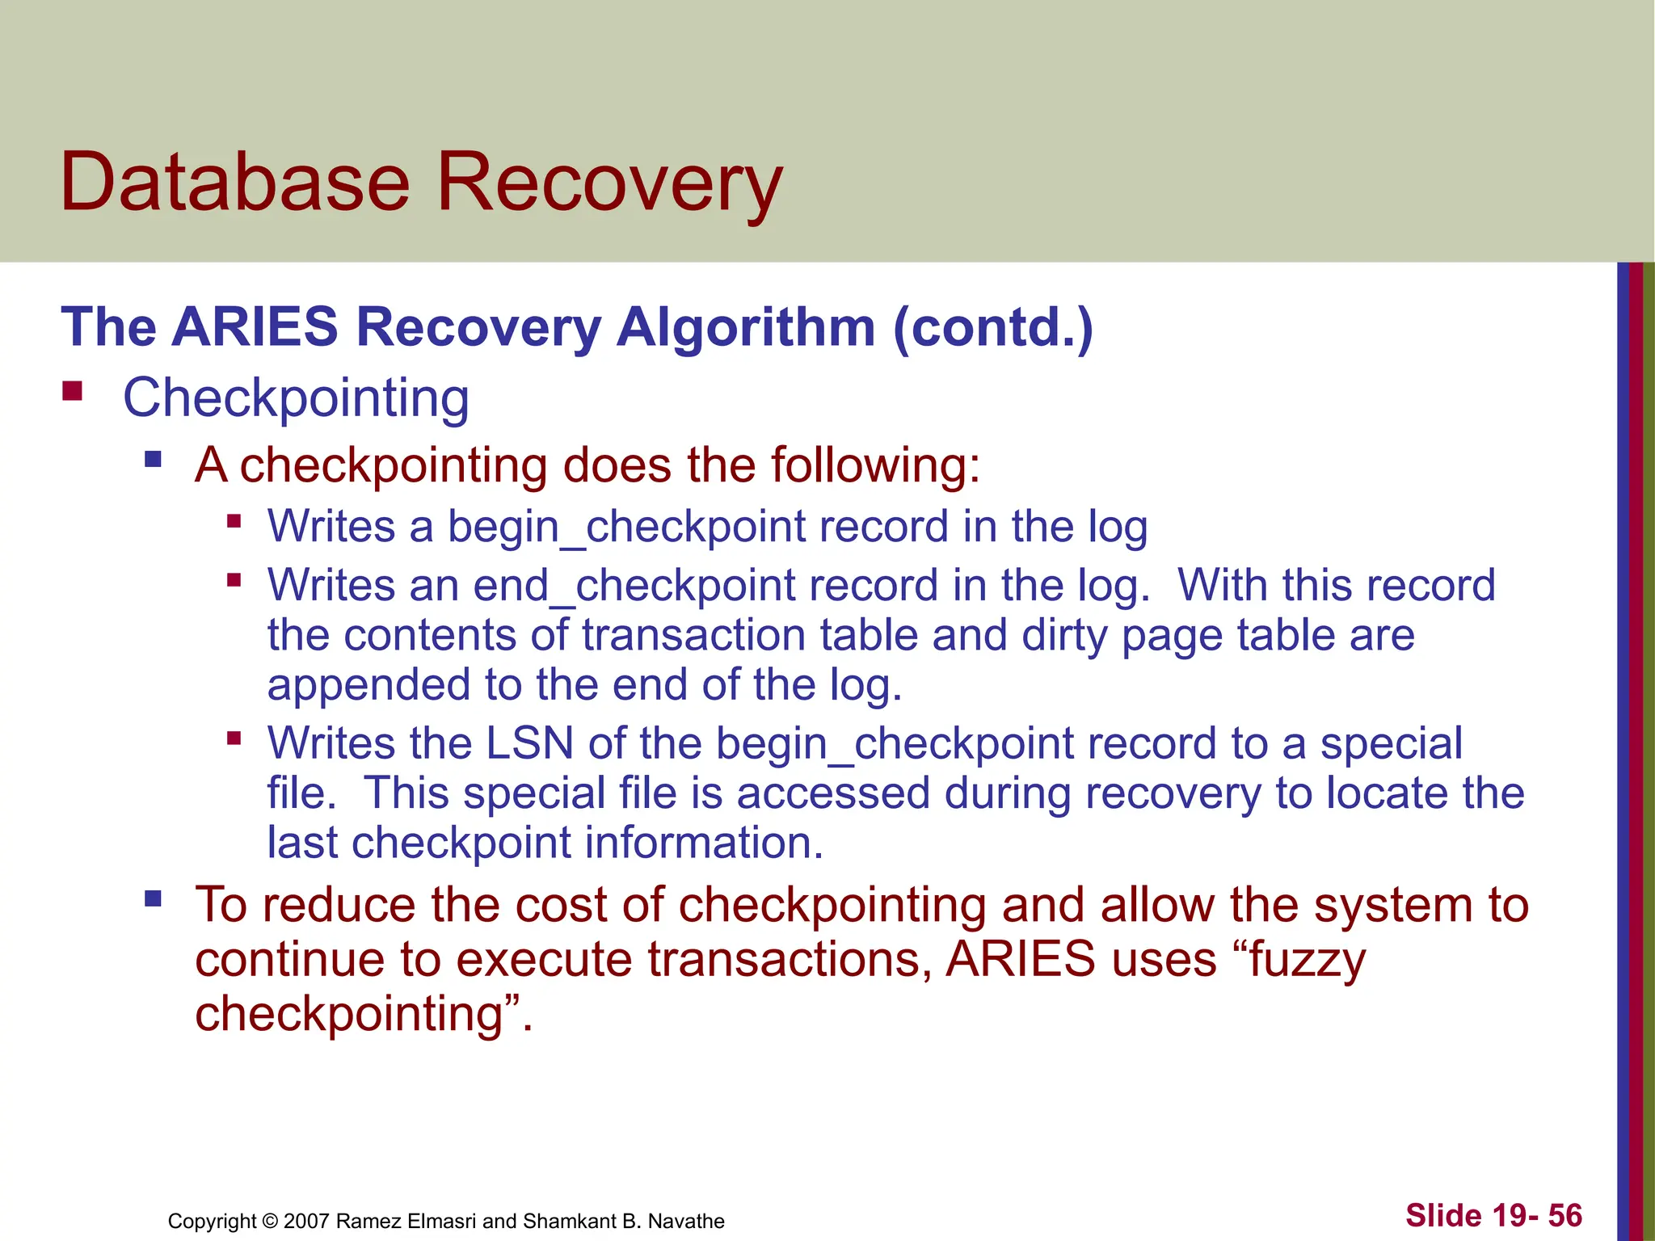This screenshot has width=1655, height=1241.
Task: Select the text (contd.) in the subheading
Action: tap(993, 327)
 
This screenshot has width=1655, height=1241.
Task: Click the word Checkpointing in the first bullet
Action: tap(296, 398)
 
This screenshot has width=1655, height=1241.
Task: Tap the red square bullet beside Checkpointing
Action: tap(73, 393)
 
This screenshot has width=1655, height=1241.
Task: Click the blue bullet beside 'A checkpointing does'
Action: tap(153, 461)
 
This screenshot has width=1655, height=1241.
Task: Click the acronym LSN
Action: tap(529, 743)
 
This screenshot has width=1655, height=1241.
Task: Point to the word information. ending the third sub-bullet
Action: tap(704, 843)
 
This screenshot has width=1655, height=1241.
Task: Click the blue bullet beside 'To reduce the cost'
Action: tap(153, 899)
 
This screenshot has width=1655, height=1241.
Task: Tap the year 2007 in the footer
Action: tap(306, 1221)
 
